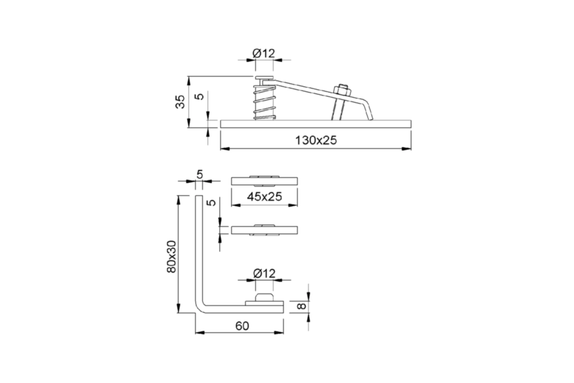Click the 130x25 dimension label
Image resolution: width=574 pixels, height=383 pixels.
point(315,140)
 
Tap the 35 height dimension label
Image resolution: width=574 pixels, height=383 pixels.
point(180,102)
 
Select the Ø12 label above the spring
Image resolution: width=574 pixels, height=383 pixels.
point(264,53)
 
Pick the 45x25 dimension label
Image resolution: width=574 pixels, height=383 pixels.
point(264,197)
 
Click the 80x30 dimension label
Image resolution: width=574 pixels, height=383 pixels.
point(171,256)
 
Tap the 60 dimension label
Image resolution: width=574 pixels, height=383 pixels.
point(242,326)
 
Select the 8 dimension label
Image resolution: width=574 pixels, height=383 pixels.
point(301,306)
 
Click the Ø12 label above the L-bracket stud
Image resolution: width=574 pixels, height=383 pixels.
point(264,273)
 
